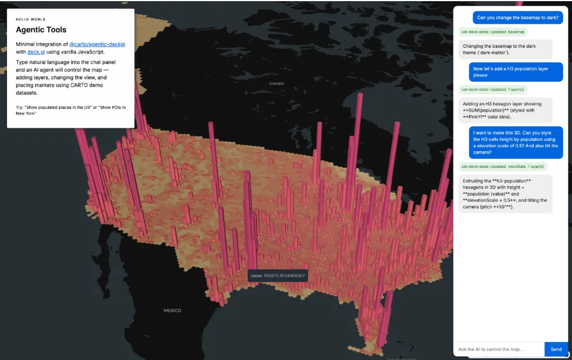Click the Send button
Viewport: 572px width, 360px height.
(x=556, y=349)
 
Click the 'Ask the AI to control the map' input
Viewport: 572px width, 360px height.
(x=498, y=349)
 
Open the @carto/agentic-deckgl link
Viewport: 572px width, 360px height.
(x=101, y=44)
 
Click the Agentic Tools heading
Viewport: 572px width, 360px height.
(x=41, y=30)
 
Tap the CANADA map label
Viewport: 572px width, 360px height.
(x=277, y=83)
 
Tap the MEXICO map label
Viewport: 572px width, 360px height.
(x=172, y=311)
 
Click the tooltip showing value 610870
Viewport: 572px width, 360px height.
(x=278, y=276)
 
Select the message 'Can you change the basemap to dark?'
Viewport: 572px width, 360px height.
(x=517, y=17)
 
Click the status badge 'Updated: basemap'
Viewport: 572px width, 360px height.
(x=493, y=32)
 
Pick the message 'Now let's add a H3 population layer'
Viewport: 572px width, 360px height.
(x=515, y=72)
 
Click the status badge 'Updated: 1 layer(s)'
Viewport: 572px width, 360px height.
(x=493, y=89)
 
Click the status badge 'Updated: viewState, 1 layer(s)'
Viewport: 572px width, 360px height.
(x=502, y=166)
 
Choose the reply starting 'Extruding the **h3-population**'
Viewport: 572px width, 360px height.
(x=505, y=194)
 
